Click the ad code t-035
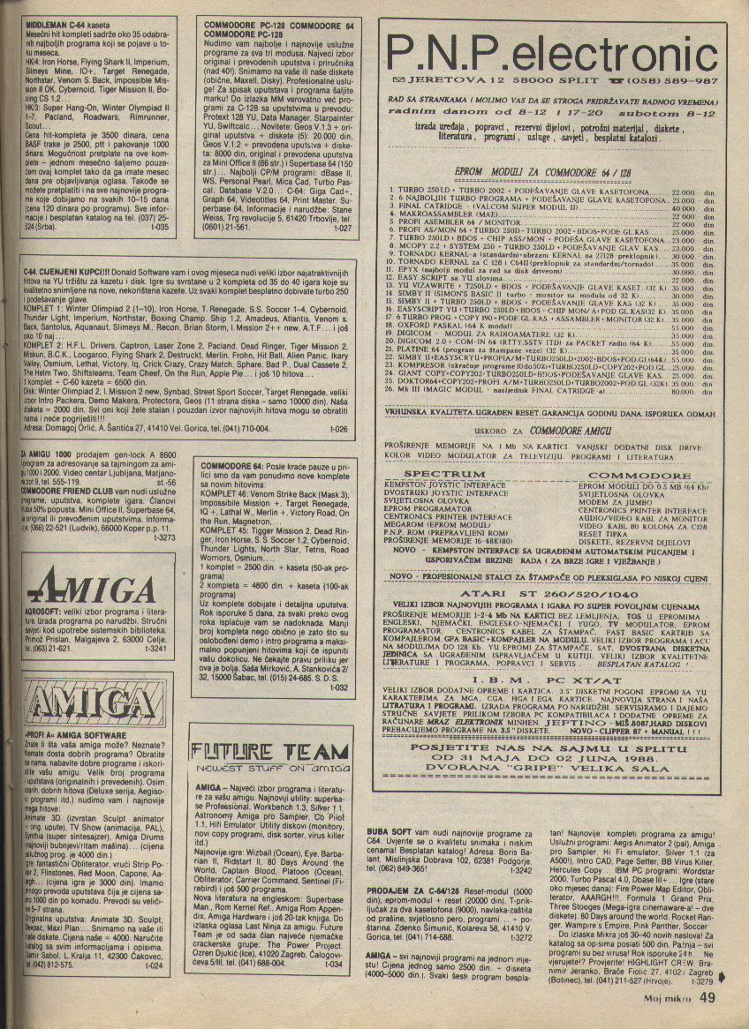pos(160,226)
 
